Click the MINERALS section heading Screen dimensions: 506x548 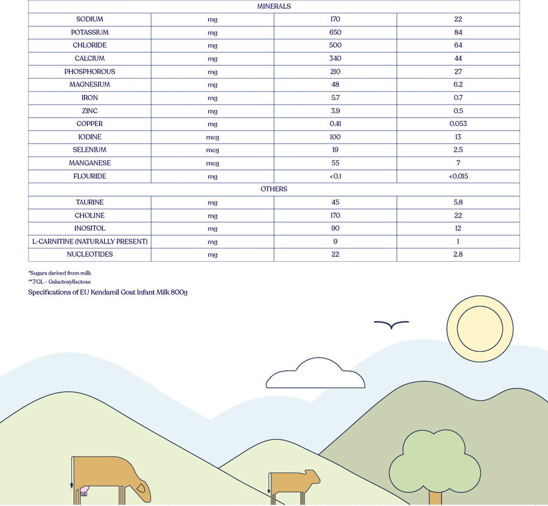[274, 6]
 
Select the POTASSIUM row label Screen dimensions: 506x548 [90, 32]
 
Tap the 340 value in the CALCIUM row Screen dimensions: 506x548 [335, 58]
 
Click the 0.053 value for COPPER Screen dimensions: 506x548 [458, 124]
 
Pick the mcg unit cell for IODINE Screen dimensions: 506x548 [213, 137]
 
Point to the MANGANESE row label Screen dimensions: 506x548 [90, 163]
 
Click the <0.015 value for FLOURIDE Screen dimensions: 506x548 [458, 177]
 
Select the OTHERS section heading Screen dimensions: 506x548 [274, 189]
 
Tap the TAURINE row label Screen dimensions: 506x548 [90, 202]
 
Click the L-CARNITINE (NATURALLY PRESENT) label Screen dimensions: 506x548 [90, 242]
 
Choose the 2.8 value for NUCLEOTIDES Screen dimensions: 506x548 [458, 255]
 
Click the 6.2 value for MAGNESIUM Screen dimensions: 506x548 [458, 85]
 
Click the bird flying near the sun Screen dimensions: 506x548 [391, 325]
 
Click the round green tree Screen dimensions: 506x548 [435, 460]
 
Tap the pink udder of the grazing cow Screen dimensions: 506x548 [83, 490]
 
